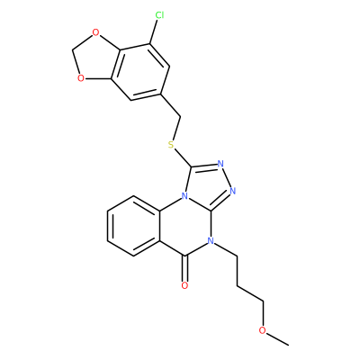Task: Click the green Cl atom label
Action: pos(159,15)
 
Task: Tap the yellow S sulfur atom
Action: pos(171,145)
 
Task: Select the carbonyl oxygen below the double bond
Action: pos(185,285)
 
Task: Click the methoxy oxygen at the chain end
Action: pos(263,330)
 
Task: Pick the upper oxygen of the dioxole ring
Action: pos(95,32)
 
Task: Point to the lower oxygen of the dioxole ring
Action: pos(80,78)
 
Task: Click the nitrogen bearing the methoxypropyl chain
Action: pos(211,241)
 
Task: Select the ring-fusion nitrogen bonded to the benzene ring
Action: pos(185,196)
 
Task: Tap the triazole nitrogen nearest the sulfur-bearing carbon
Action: pos(220,164)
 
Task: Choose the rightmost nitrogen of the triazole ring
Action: pos(234,190)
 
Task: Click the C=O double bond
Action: pos(185,268)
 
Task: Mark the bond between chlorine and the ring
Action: pos(153,32)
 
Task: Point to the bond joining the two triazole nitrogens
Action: pos(227,177)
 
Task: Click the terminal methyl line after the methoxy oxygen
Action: pos(278,338)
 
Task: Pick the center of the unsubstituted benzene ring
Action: pos(133,226)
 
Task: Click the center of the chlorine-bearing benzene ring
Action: pos(140,72)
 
